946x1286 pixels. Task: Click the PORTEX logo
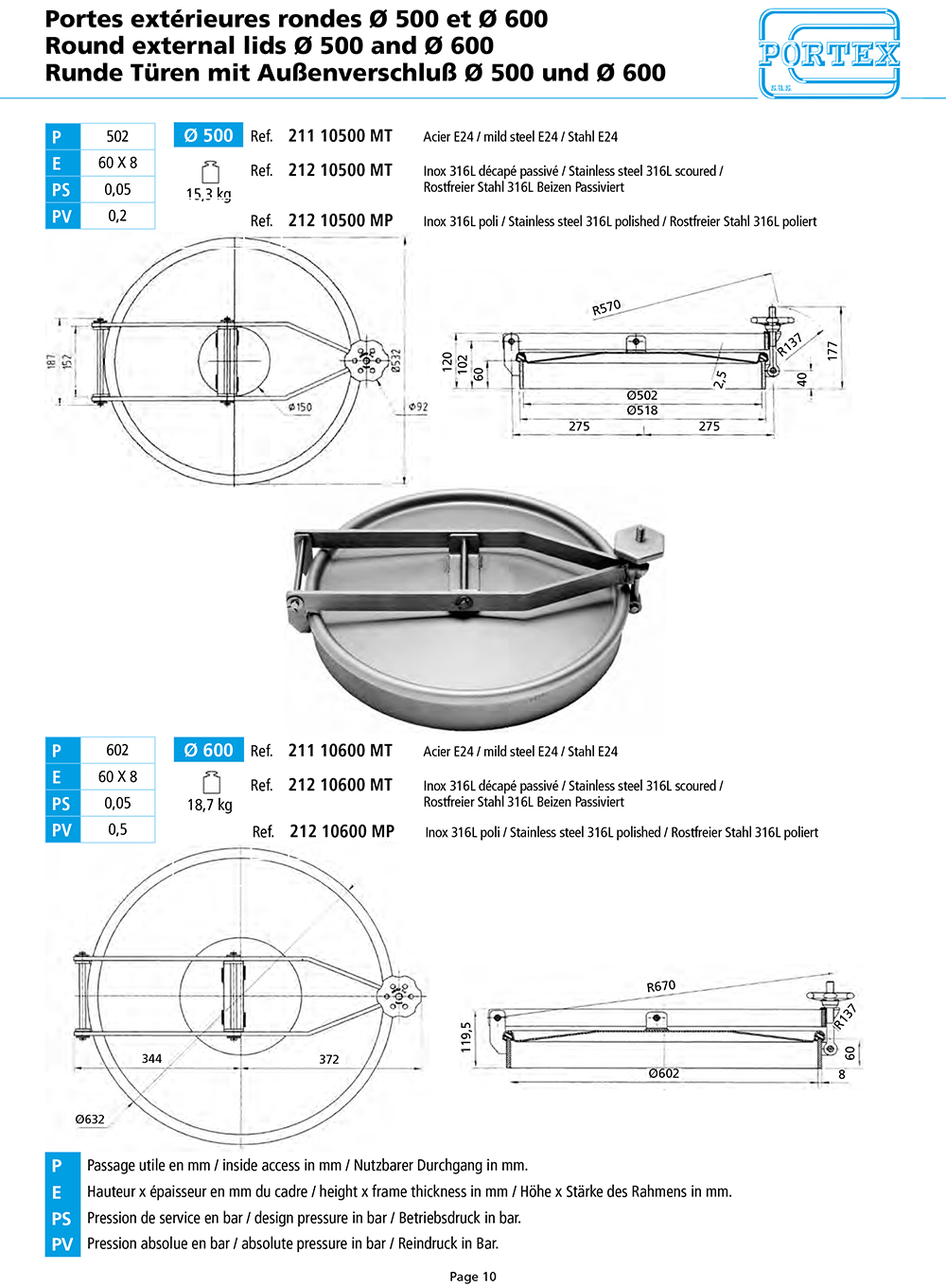[x=829, y=54]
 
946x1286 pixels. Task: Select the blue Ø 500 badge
[x=208, y=135]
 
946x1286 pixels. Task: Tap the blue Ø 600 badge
[x=208, y=750]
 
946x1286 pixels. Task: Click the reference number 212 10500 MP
[x=340, y=220]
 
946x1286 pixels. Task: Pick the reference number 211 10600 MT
[x=340, y=751]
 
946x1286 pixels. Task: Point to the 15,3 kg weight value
[x=208, y=194]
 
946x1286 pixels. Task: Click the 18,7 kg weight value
[x=209, y=805]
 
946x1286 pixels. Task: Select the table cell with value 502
[x=117, y=136]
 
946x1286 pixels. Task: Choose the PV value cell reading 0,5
[x=117, y=829]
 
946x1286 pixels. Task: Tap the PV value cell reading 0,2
[x=117, y=216]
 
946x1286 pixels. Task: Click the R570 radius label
[x=606, y=307]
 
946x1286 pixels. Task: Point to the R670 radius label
[x=660, y=986]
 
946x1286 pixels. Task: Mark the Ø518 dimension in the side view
[x=641, y=410]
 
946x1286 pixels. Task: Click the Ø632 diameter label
[x=90, y=1120]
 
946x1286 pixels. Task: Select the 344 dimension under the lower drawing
[x=151, y=1059]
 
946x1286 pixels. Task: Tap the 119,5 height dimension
[x=465, y=1037]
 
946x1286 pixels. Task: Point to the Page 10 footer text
[x=473, y=1277]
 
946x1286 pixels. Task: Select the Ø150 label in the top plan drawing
[x=300, y=408]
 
